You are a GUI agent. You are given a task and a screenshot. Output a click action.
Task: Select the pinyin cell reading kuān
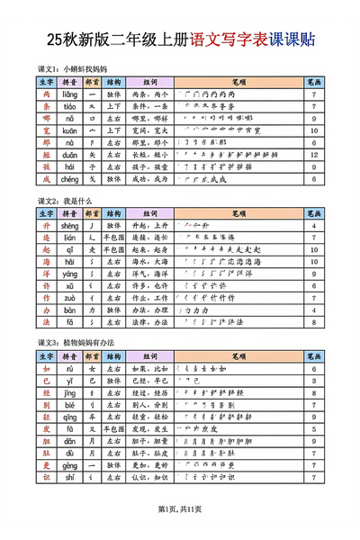coord(69,130)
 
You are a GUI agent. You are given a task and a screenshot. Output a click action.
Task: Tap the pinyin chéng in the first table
coord(69,179)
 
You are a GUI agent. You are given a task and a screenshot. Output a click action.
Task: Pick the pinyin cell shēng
coord(69,224)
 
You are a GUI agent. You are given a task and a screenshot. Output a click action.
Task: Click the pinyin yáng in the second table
coord(69,274)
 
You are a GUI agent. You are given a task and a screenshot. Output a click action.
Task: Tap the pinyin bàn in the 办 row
coord(69,310)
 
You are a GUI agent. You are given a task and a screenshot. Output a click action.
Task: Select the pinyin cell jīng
coord(69,393)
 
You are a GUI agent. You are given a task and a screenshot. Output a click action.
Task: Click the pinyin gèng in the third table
coord(69,467)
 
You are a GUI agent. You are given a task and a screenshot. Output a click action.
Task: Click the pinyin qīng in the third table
coord(69,418)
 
